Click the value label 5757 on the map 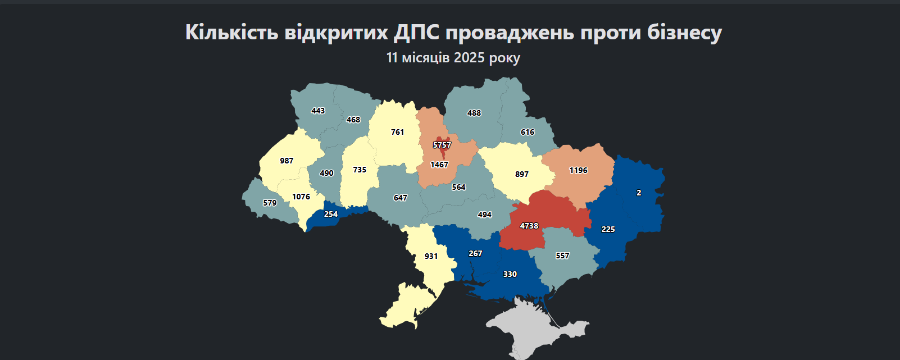pos(442,145)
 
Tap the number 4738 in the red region pos(529,226)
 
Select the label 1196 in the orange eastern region pos(578,170)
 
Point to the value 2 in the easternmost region pos(639,193)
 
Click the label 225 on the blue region pos(608,229)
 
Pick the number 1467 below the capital pos(439,165)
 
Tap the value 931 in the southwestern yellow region pos(431,256)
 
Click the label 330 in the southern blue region pos(510,274)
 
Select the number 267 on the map pos(475,253)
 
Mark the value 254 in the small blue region pos(331,214)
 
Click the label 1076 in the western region pos(301,197)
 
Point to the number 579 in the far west pos(270,203)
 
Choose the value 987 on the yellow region pos(287,161)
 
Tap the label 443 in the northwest pos(318,111)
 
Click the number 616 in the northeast pos(528,132)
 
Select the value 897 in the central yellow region pos(522,174)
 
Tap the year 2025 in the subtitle pos(469,58)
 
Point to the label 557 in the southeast pos(562,256)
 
